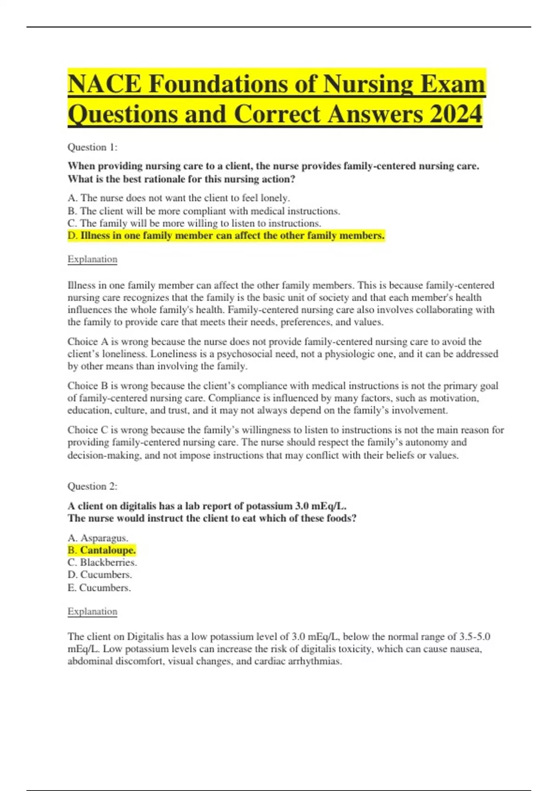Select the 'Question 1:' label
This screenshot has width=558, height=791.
(x=93, y=147)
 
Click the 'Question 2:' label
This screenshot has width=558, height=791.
(x=93, y=487)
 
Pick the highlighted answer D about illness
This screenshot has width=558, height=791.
(x=226, y=236)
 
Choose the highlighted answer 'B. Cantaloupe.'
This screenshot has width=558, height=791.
(x=102, y=550)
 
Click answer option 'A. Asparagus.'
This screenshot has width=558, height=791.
(x=98, y=538)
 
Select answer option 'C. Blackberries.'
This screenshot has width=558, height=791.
(x=102, y=563)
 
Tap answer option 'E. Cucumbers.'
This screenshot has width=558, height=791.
(x=99, y=588)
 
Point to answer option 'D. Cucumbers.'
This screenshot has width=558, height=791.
(x=100, y=575)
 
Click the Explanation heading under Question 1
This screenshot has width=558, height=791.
(x=93, y=259)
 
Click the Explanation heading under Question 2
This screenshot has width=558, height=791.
(x=93, y=611)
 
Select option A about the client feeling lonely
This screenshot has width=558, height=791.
(x=179, y=198)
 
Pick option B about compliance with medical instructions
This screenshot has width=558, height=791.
(x=204, y=211)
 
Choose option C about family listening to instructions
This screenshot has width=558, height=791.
(x=194, y=223)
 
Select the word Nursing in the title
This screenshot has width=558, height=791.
(x=368, y=85)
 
